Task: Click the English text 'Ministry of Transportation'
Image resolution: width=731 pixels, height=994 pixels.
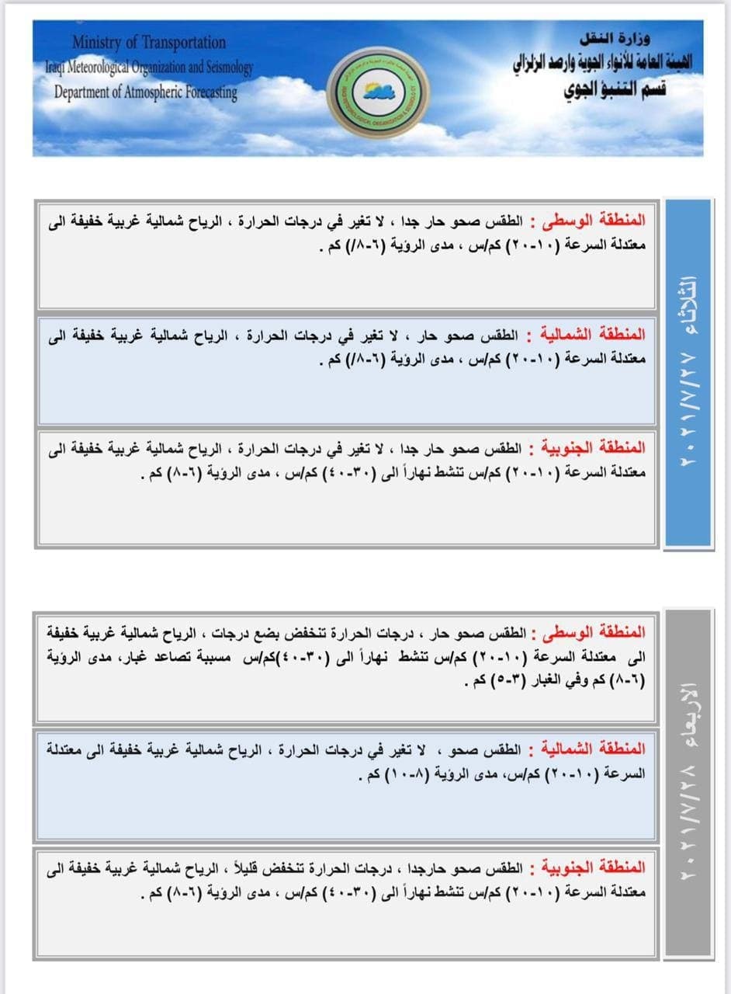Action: pyautogui.click(x=149, y=42)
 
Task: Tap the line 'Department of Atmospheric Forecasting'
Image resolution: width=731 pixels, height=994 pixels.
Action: pyautogui.click(x=146, y=92)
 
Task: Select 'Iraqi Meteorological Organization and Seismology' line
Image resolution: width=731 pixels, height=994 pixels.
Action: pyautogui.click(x=148, y=68)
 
